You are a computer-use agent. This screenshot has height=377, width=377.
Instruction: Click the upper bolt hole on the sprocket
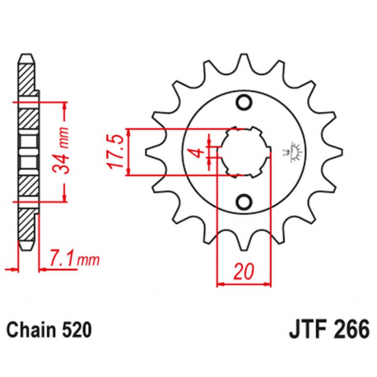point(244,101)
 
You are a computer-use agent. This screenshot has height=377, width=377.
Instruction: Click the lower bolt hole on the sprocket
point(244,202)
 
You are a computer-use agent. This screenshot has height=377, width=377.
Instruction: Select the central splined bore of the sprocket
point(244,151)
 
